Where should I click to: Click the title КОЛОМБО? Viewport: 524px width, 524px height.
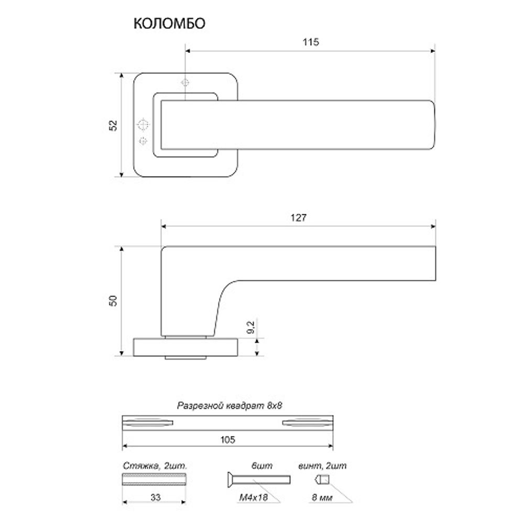pyautogui.click(x=169, y=24)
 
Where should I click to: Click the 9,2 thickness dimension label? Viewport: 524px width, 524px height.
pyautogui.click(x=250, y=327)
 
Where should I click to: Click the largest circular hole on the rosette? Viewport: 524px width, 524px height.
pyautogui.click(x=143, y=125)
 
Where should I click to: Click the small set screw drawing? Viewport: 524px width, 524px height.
pyautogui.click(x=321, y=479)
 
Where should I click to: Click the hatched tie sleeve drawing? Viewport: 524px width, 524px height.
pyautogui.click(x=155, y=478)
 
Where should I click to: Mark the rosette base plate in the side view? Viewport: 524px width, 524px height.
pyautogui.click(x=186, y=347)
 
